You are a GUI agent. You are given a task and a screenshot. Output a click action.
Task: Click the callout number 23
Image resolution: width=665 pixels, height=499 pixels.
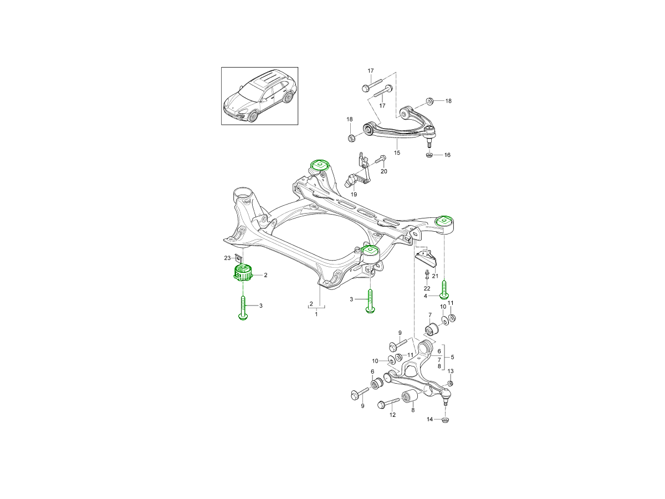[227, 257]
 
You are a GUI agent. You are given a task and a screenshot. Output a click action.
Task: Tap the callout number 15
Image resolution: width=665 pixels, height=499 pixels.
[397, 152]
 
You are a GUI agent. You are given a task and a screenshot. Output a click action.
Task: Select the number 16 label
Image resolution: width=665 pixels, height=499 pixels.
[447, 155]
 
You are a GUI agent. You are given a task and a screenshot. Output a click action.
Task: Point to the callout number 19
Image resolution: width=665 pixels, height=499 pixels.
[354, 195]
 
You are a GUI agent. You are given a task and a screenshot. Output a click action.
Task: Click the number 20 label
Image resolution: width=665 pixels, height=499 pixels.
[383, 171]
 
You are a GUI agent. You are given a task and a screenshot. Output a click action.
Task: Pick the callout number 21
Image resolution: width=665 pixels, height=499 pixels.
[435, 276]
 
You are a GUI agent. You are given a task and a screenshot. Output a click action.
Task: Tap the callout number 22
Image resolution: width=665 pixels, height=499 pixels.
[427, 288]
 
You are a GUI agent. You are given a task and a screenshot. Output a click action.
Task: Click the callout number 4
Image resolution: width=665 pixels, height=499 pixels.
[426, 296]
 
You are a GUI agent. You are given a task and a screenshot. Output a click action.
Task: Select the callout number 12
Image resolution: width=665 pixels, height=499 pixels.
[392, 415]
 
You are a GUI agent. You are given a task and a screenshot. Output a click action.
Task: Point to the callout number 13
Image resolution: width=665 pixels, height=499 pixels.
[450, 371]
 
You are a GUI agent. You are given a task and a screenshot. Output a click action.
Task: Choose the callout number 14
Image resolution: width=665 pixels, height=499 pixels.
[429, 419]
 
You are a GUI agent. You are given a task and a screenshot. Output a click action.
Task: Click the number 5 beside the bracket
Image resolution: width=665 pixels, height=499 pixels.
[452, 358]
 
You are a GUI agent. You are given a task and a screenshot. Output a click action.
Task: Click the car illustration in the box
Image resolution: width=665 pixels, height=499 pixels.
[259, 96]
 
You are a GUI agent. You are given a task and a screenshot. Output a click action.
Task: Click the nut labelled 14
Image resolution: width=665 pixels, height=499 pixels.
[446, 419]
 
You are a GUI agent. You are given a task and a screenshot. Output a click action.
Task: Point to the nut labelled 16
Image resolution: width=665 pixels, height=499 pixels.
[431, 155]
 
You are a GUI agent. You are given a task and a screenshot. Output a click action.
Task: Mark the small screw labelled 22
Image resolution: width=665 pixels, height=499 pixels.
[426, 275]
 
